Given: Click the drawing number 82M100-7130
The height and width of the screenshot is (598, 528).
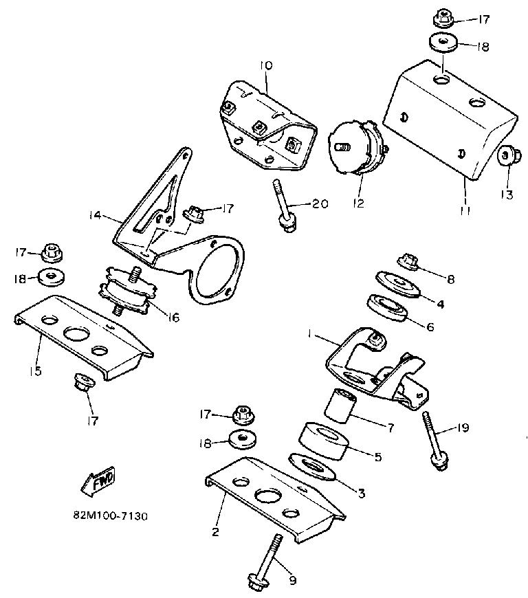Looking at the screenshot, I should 110,515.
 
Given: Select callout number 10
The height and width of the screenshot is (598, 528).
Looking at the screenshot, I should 266,66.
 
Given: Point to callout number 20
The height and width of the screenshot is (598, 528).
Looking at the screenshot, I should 320,203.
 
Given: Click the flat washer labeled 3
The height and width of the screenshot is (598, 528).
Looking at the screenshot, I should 313,467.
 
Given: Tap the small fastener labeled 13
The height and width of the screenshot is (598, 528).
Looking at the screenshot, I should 507,156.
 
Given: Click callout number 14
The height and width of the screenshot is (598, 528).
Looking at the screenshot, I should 96,215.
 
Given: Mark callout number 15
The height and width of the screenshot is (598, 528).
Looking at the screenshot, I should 36,371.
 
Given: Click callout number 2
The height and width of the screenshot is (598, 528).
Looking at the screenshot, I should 215,531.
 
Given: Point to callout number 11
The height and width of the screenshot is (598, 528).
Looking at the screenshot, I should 465,212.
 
